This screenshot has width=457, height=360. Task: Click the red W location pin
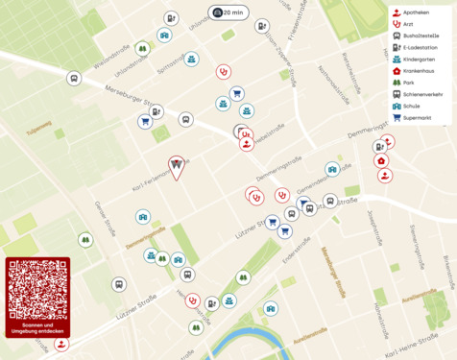tap(177, 167)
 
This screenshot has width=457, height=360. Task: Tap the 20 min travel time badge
tap(228, 12)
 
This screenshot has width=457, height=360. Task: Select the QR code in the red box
tap(37, 290)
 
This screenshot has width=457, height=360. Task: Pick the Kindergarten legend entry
tap(418, 59)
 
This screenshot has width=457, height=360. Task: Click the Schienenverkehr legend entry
tap(421, 94)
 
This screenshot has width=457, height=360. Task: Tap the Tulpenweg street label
tap(38, 124)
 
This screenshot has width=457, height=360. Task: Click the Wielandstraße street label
tap(114, 58)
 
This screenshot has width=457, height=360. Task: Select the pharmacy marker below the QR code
tap(61, 344)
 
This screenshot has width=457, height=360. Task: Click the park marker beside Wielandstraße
tap(142, 48)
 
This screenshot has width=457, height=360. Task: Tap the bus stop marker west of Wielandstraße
tap(74, 78)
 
